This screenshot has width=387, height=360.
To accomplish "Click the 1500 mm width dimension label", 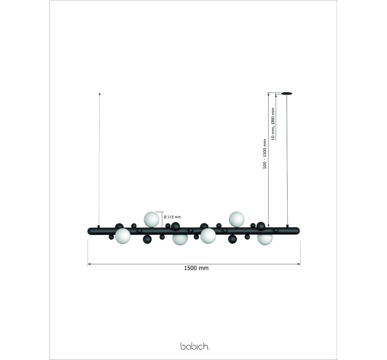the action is click(196, 268).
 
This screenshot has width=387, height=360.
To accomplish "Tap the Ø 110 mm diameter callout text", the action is click(172, 217).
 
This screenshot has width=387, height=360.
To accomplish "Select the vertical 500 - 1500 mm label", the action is click(265, 154).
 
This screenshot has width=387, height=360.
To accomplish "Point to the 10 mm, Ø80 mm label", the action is click(273, 124).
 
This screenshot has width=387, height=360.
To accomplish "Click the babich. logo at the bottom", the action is click(195, 346).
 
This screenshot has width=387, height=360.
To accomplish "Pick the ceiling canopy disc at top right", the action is click(287, 93).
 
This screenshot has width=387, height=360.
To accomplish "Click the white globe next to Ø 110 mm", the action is click(151, 220).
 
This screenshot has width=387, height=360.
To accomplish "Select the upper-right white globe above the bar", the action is click(236, 219).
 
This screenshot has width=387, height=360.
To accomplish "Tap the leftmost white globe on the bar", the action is click(122, 236).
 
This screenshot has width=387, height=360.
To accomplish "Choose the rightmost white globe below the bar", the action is click(265, 238).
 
